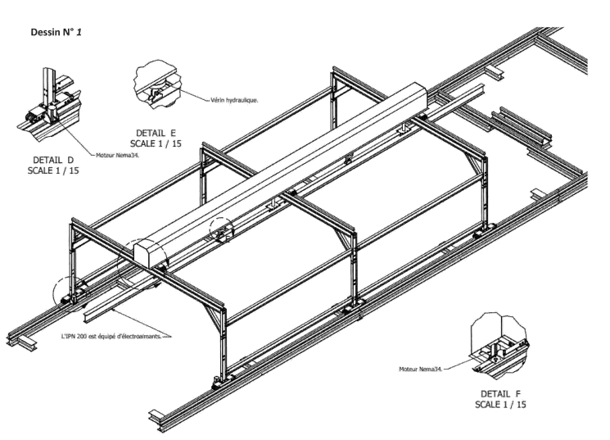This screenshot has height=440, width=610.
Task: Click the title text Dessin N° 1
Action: coord(56,32)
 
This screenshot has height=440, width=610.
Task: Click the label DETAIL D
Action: coord(53,160)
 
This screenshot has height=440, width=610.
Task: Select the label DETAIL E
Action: coord(156,134)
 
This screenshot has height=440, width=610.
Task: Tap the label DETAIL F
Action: coord(500,393)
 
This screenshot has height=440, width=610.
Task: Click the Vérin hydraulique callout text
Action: coord(234,100)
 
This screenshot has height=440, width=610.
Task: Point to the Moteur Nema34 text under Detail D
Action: coord(117,155)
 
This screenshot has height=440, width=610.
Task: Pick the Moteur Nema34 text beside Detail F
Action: coord(421,369)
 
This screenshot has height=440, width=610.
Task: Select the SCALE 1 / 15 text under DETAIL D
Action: coord(53,170)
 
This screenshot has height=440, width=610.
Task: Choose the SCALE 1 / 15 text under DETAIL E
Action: coord(156,143)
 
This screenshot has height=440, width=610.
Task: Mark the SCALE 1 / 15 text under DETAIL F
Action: coord(500,405)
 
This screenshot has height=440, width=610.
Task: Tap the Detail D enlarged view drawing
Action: coord(50,104)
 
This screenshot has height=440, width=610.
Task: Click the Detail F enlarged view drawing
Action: coord(500,346)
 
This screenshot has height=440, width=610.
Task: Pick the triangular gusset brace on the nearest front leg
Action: coord(213,316)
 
